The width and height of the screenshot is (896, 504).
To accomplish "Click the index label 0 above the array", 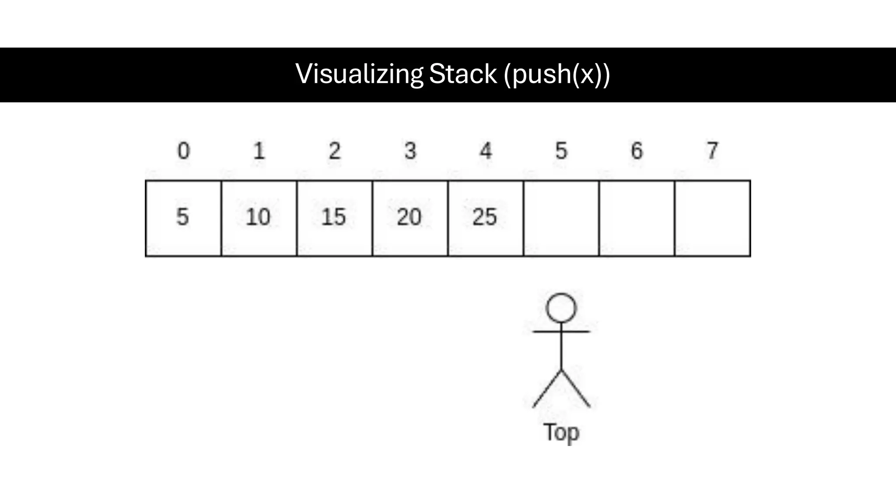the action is click(x=184, y=151).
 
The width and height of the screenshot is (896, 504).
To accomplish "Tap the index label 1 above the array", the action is click(x=259, y=151).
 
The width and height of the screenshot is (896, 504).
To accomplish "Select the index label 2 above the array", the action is click(x=335, y=151).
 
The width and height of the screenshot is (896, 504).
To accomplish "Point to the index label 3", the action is click(x=410, y=151).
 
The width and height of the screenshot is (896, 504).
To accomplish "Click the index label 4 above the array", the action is click(x=486, y=151).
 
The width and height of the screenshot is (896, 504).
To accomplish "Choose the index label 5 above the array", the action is click(x=561, y=151).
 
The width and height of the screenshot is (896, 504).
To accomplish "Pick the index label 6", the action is click(x=637, y=151).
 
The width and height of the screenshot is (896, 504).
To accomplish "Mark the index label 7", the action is click(x=712, y=151).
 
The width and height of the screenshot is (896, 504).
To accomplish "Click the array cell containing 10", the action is click(x=259, y=218).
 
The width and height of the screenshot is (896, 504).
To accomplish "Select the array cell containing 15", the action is click(x=335, y=218).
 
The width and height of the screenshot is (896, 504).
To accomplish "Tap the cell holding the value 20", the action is click(x=410, y=218).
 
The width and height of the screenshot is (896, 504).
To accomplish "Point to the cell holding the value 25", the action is click(x=486, y=218).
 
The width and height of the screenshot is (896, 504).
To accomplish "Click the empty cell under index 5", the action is click(x=561, y=218).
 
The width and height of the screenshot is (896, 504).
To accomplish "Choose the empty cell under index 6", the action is click(x=637, y=218).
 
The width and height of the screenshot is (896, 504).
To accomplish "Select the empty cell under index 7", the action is click(x=713, y=218).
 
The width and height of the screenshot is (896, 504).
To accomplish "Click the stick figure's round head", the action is click(x=561, y=308).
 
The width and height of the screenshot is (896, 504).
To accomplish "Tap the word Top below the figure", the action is click(x=561, y=432).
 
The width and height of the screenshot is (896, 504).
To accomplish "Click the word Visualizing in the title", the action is click(x=359, y=74).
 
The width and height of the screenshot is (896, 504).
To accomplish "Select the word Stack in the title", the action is click(x=463, y=74).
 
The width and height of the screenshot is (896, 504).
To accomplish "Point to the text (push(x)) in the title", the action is click(x=556, y=74).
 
